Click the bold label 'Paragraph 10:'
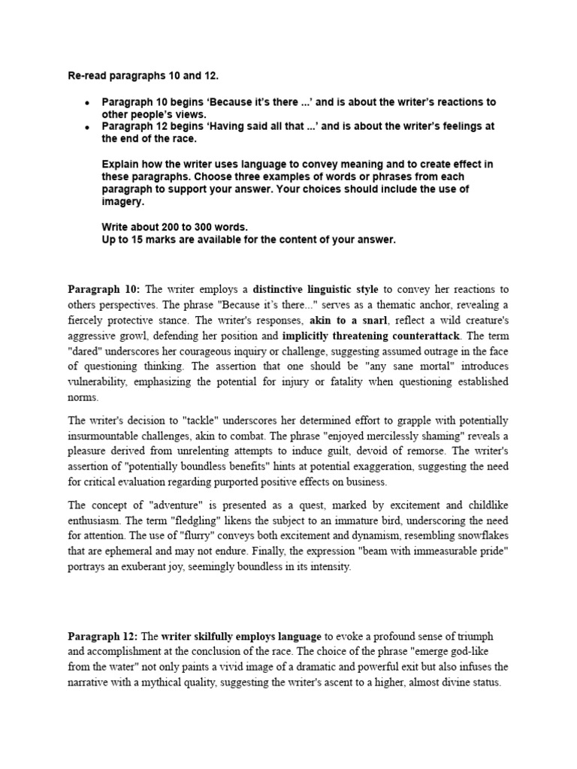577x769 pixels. tap(104, 289)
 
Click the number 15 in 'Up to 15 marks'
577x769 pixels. tap(141, 240)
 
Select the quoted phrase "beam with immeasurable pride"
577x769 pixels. tap(428, 552)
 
